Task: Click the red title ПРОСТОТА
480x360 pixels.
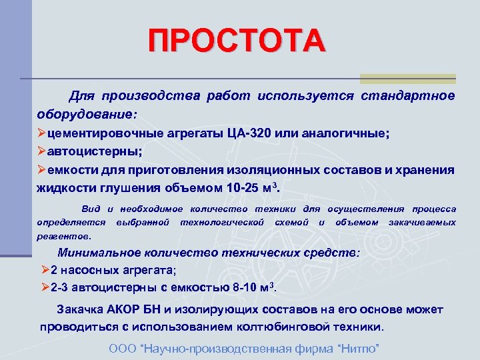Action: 237,41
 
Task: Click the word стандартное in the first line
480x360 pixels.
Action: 408,95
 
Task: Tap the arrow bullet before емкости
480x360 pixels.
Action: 41,169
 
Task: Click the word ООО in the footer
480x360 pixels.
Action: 120,349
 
